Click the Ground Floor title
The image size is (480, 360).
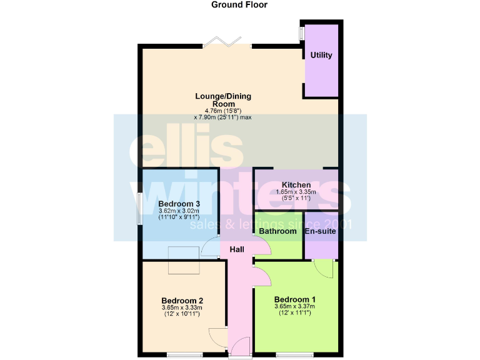coord(239,5)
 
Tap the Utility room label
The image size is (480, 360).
coord(321,55)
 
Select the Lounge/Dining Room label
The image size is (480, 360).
coord(222,100)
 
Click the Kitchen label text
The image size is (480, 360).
coord(296,185)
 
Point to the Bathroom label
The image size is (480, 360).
coord(277,231)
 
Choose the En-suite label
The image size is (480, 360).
coord(320,231)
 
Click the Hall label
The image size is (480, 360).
coord(237,249)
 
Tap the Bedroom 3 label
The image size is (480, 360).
coord(179,204)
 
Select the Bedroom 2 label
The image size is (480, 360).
coord(182,299)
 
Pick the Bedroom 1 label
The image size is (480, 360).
coord(294,298)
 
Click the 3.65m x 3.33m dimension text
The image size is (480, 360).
coord(182,308)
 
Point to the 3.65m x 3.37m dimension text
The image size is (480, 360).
coord(294,306)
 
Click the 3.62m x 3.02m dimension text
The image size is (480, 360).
coord(179,212)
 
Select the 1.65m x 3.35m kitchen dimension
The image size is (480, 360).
coord(296,192)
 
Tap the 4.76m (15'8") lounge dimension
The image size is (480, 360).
coord(222,111)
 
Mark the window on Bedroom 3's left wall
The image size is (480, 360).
coord(139,208)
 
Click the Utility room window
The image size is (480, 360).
coord(301,32)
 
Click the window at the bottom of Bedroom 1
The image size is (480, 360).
coord(294,355)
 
